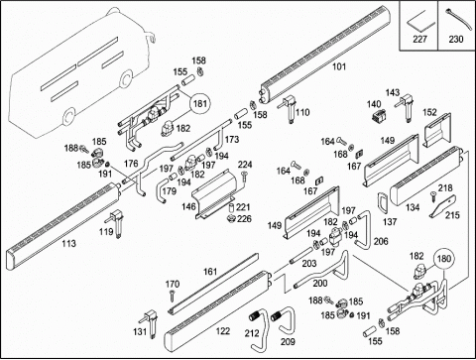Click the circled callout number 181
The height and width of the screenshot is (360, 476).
(199, 104)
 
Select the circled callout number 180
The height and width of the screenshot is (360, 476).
(443, 259)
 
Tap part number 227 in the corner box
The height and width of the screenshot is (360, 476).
(419, 39)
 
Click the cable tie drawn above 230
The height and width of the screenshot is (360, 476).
(456, 19)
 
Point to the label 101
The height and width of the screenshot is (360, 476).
(338, 66)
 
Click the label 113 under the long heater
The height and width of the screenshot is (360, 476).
(68, 243)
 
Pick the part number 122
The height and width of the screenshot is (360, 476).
(223, 330)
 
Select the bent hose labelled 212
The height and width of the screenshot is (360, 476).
(260, 327)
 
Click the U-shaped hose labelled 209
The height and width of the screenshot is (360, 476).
(284, 320)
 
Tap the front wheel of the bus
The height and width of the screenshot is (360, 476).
(68, 117)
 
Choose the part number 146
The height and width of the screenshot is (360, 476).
(188, 207)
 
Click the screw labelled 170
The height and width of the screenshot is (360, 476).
(172, 296)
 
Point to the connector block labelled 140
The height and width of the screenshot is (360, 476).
(377, 116)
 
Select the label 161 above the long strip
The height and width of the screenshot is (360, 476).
(210, 272)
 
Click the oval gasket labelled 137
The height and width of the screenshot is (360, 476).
(383, 203)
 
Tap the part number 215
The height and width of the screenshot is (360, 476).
(452, 215)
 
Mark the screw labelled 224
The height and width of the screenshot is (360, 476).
(244, 177)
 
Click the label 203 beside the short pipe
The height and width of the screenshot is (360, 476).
(309, 263)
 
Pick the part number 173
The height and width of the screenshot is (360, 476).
(232, 139)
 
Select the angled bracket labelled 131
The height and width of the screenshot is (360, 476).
(151, 323)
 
